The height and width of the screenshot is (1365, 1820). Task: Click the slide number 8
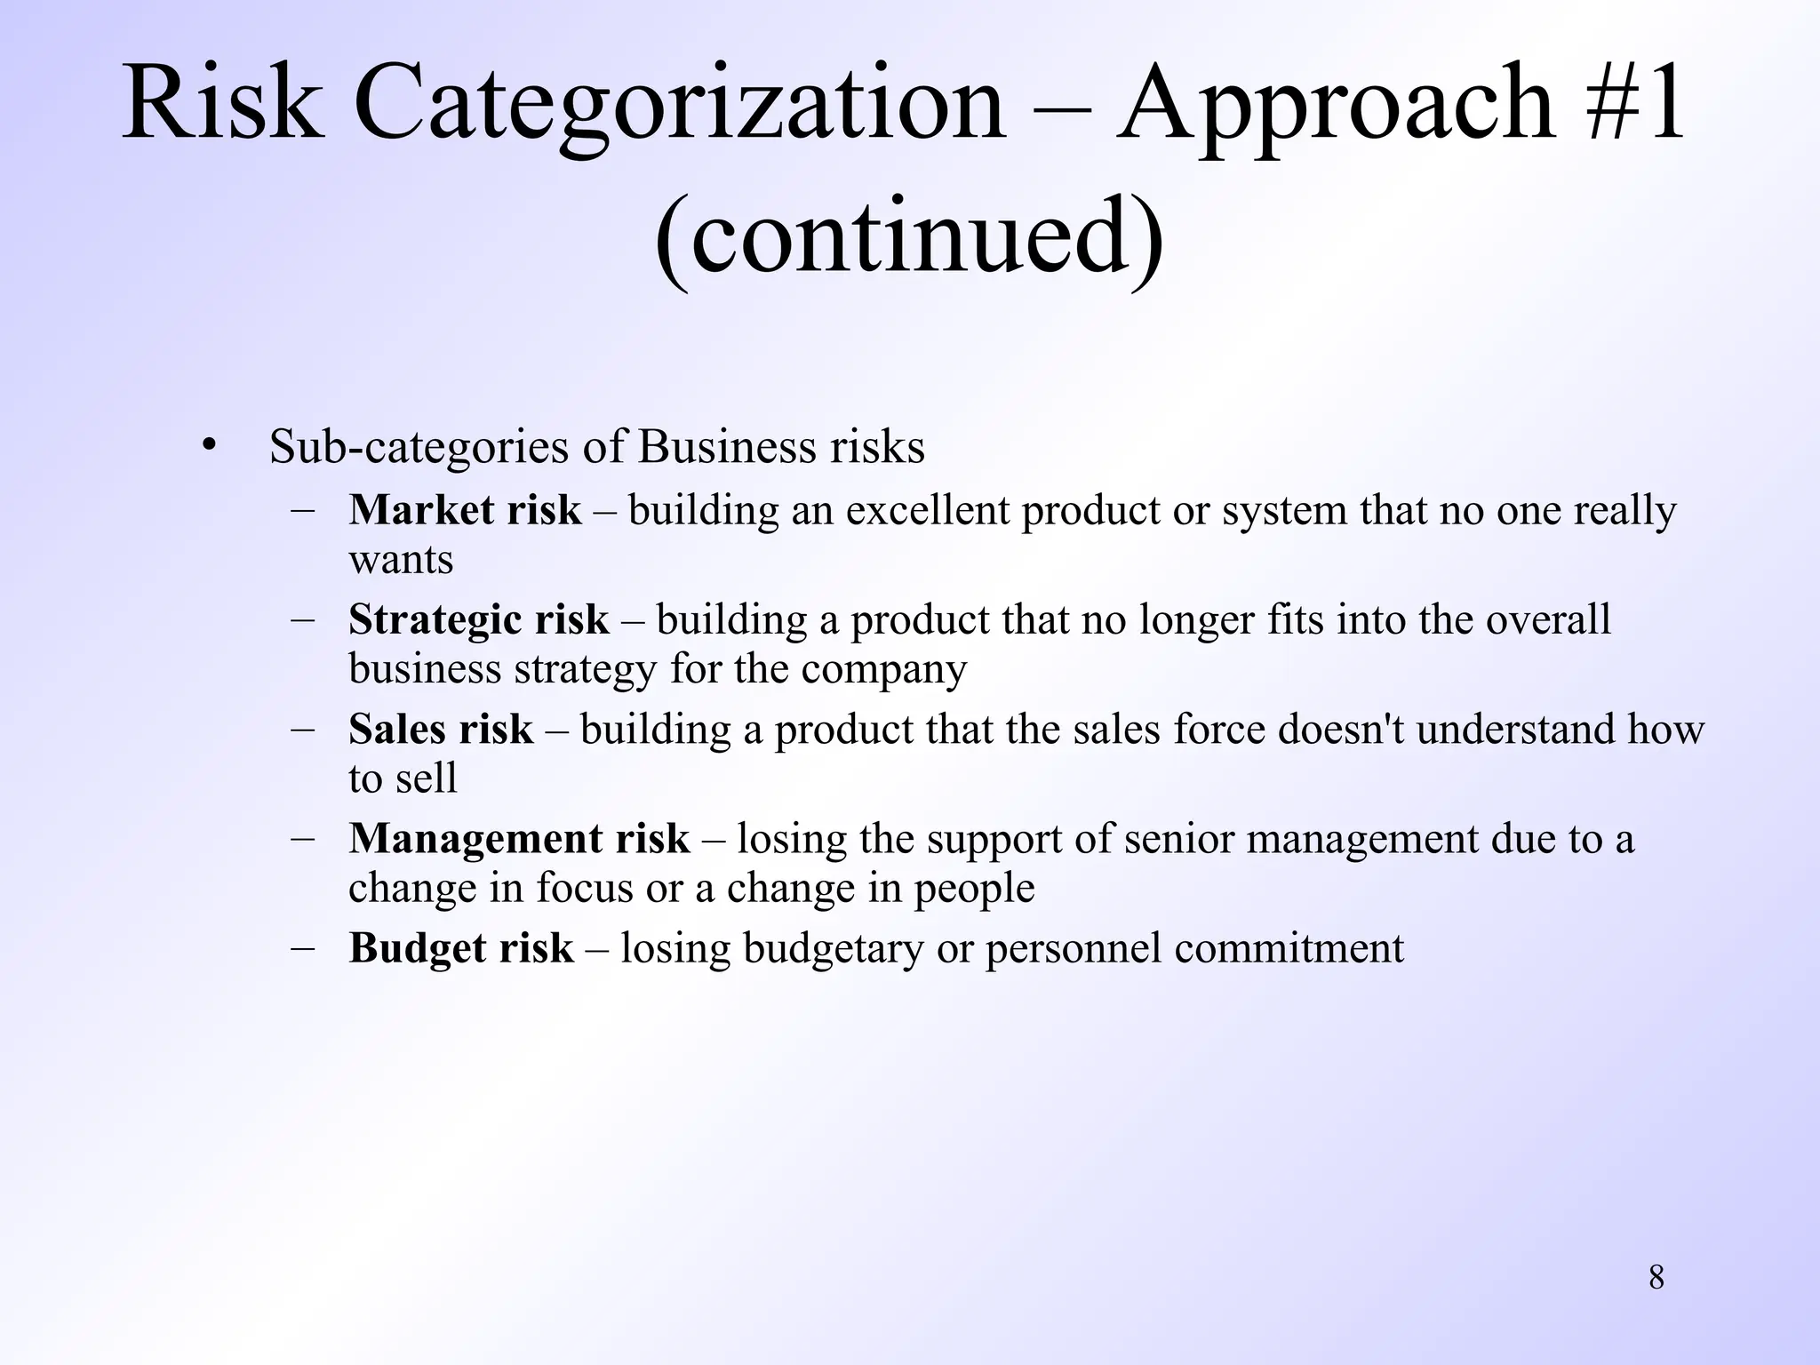click(1656, 1278)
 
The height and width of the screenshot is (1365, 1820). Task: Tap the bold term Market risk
click(465, 511)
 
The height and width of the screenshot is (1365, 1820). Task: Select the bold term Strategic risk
click(478, 620)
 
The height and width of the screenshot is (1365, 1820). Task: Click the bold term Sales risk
click(441, 730)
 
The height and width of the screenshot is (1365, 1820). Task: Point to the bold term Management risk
click(519, 839)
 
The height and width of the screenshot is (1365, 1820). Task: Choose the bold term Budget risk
click(460, 948)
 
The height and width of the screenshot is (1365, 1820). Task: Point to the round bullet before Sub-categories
click(208, 444)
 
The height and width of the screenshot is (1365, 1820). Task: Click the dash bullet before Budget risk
click(303, 947)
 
